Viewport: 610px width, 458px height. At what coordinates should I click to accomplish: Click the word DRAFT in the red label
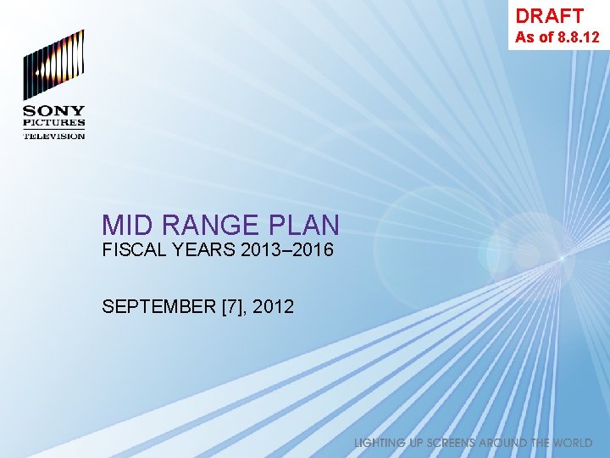pos(549,15)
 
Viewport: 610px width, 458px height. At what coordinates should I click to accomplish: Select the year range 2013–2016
pos(287,251)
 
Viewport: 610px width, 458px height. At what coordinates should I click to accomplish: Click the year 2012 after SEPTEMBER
pos(273,306)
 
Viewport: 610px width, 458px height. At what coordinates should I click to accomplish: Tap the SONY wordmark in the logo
pos(53,111)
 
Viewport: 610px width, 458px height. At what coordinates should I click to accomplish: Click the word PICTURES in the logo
pos(53,124)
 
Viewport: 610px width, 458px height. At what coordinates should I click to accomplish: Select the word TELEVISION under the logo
pos(53,136)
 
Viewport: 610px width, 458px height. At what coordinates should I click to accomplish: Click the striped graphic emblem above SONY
pos(53,64)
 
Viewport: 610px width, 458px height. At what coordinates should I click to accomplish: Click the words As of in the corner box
pos(534,37)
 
